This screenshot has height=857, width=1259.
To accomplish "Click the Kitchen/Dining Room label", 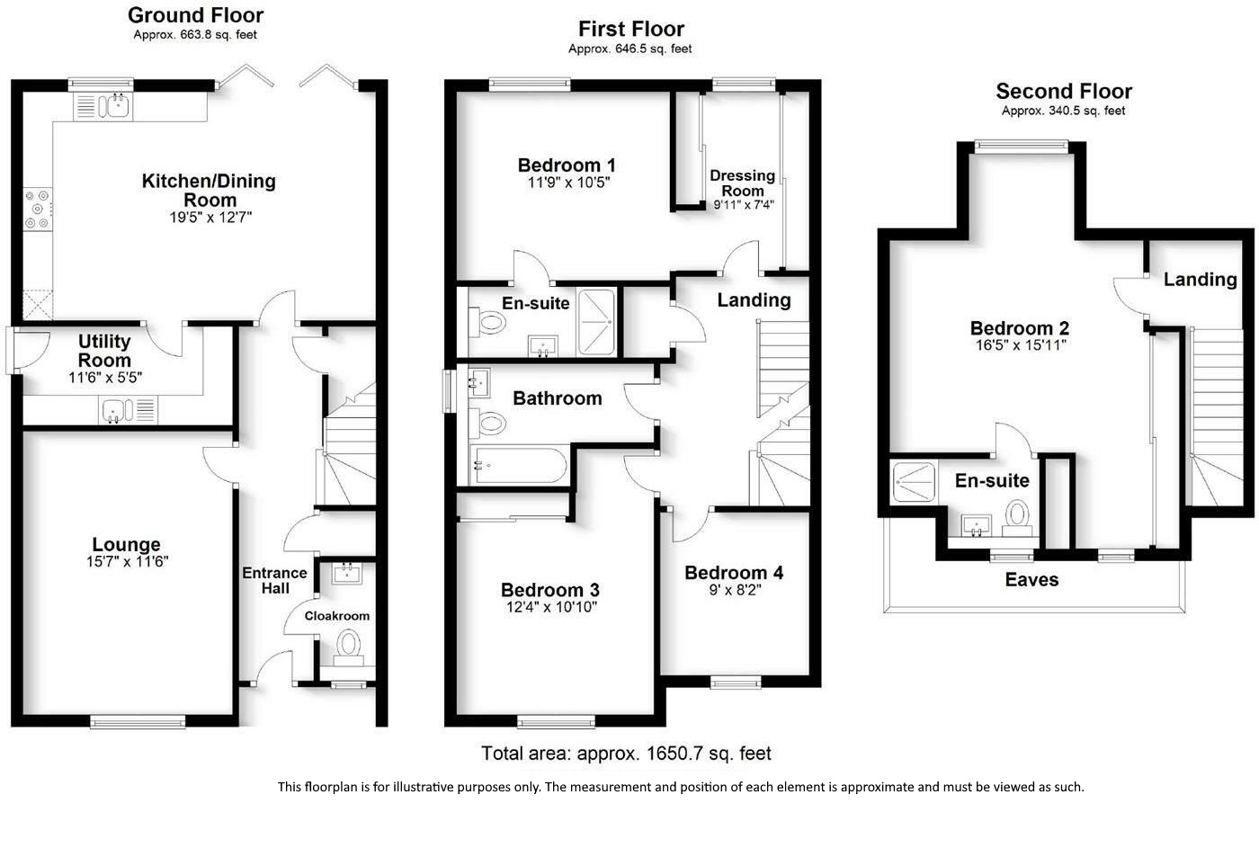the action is click(x=209, y=190).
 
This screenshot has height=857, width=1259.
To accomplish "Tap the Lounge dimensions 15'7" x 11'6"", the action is click(x=127, y=561).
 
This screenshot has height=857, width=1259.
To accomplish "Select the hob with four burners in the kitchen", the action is click(x=38, y=209).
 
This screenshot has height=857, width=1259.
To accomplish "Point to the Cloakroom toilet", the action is click(x=349, y=647).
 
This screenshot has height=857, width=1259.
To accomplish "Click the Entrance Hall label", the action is click(x=275, y=581).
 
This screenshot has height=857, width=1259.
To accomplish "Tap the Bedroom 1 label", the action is click(x=567, y=165).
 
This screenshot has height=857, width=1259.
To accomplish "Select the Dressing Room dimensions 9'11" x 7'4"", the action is click(x=744, y=204).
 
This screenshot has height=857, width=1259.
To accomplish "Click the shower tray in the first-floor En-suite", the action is click(x=596, y=322).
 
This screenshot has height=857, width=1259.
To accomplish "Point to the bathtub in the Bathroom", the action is click(x=518, y=465).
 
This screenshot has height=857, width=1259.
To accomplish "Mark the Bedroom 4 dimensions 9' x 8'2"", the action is click(x=736, y=590).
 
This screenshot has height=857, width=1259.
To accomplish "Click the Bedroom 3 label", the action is click(x=550, y=590).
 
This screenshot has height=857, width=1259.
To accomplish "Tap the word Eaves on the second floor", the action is click(x=1031, y=579).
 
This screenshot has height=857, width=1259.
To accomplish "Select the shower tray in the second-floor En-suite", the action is click(x=915, y=482).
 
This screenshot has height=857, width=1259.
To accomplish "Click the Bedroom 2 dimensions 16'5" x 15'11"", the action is click(x=1021, y=344).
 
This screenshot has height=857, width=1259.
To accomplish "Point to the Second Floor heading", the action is click(x=1064, y=91).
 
